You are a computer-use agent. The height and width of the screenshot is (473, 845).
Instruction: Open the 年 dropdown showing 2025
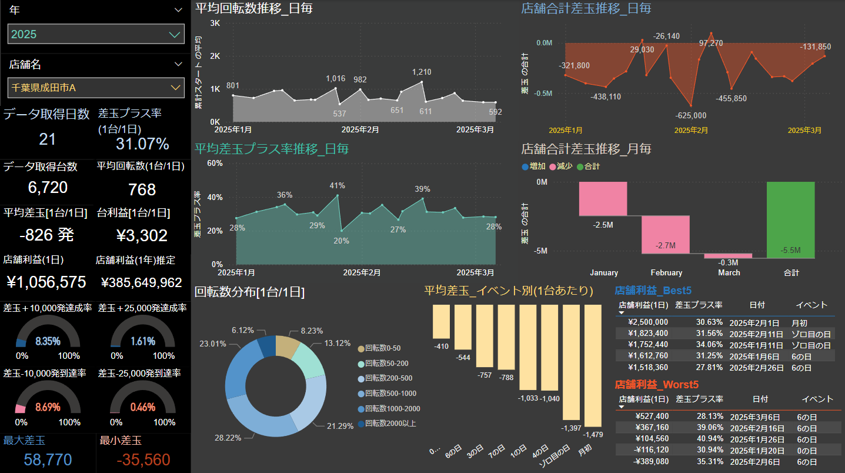point(96,34)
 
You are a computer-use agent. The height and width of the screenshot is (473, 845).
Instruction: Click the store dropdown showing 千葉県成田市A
point(96,88)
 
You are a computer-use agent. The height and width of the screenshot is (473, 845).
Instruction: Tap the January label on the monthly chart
point(604,273)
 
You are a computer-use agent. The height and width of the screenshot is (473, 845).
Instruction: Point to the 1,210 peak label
point(422,72)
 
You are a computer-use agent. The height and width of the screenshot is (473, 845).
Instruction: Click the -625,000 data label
point(691,115)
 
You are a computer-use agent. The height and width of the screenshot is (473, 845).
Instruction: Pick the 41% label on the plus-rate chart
point(336,186)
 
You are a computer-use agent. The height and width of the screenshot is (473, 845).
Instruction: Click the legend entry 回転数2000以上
point(390,424)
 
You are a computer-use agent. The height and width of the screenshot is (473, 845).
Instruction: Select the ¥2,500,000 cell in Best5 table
point(647,322)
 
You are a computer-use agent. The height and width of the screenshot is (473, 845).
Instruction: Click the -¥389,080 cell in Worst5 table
point(647,461)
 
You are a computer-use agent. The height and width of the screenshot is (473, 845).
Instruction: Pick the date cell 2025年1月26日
point(757,439)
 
